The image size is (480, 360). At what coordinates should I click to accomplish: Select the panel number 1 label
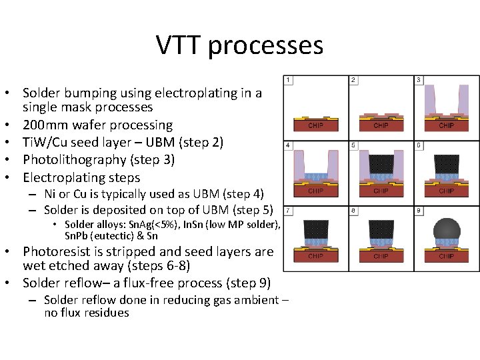click(x=288, y=80)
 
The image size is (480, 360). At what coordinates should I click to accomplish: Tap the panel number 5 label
click(x=353, y=145)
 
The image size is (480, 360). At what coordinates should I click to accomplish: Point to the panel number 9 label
click(x=419, y=210)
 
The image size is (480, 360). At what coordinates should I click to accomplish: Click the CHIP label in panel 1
click(x=315, y=125)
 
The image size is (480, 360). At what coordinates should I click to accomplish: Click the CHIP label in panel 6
click(x=446, y=191)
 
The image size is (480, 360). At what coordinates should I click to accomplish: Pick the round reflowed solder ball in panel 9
click(x=446, y=229)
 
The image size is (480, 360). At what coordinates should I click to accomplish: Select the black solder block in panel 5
click(x=381, y=161)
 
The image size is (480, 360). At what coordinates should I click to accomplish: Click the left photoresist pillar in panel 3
click(x=429, y=100)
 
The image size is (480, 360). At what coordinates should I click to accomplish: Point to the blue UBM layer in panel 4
click(x=315, y=177)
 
